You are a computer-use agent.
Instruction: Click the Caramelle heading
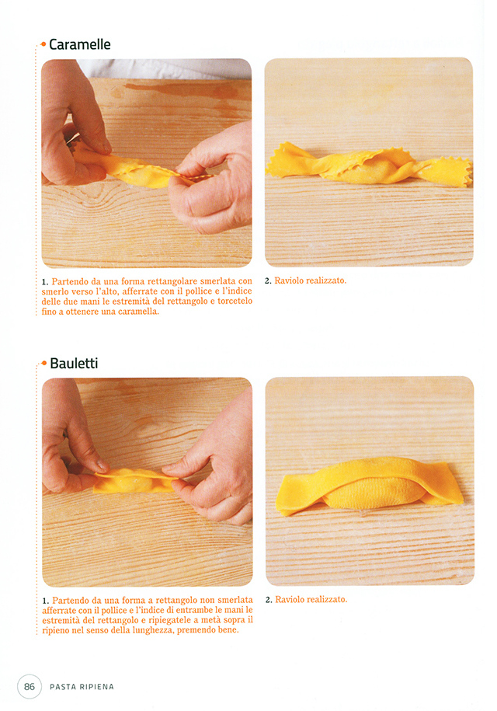tap(80, 44)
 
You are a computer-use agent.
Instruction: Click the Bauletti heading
tap(74, 363)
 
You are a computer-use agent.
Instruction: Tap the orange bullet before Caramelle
tap(43, 44)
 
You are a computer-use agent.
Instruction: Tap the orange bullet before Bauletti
tap(44, 363)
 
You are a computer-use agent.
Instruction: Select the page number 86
tap(30, 686)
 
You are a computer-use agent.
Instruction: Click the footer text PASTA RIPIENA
tap(82, 687)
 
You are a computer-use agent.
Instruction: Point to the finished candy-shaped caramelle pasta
tap(369, 166)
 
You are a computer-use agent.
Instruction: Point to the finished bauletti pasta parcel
tap(369, 485)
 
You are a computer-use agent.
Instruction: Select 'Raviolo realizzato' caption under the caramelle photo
tap(311, 281)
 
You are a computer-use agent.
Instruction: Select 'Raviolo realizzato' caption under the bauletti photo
tap(311, 599)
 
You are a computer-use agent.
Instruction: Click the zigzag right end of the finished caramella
tap(449, 173)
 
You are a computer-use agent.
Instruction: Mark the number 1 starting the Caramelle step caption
tap(44, 282)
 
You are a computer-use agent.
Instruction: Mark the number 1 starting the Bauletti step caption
tap(45, 601)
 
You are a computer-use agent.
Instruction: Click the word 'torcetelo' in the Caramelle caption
tap(235, 301)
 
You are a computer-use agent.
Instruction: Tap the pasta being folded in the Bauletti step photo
tap(134, 481)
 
